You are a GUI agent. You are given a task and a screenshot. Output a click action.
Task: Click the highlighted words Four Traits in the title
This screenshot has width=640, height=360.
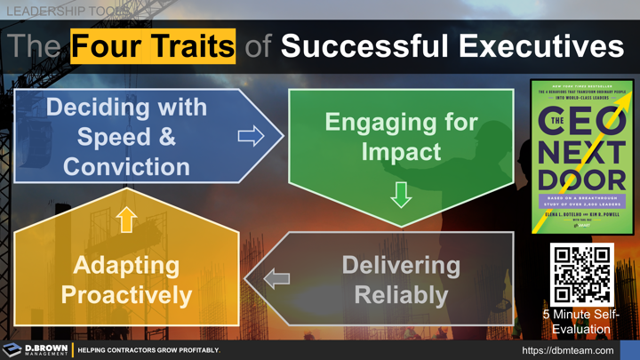click(x=153, y=45)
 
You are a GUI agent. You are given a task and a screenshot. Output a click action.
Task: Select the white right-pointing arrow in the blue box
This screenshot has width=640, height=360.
click(x=251, y=135)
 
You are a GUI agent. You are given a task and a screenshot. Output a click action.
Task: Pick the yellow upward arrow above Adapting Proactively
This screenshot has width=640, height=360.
click(x=126, y=219)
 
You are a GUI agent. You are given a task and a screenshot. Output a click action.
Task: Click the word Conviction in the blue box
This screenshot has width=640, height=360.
click(x=126, y=166)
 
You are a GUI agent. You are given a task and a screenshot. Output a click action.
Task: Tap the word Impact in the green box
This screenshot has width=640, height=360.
click(x=401, y=151)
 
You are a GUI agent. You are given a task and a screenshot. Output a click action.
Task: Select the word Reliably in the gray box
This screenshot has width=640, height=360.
click(x=401, y=294)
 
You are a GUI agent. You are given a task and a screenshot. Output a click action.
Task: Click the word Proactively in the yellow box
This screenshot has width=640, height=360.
click(x=126, y=294)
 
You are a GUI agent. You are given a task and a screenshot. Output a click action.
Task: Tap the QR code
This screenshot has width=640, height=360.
click(x=582, y=275)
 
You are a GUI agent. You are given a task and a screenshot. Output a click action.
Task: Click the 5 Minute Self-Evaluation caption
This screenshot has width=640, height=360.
click(x=581, y=322)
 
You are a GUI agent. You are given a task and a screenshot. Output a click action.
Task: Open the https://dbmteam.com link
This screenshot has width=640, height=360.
click(x=567, y=350)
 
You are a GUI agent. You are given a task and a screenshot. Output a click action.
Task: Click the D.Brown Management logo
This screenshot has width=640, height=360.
click(x=36, y=350)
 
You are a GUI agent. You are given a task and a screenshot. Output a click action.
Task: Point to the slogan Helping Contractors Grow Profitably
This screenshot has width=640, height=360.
click(x=148, y=350)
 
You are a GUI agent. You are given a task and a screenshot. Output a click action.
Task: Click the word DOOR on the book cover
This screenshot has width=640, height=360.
click(x=582, y=179)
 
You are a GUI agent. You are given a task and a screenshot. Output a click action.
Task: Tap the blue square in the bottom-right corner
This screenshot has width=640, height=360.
click(x=629, y=350)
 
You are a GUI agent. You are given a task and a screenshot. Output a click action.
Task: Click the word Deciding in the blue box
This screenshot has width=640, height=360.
click(x=126, y=108)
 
